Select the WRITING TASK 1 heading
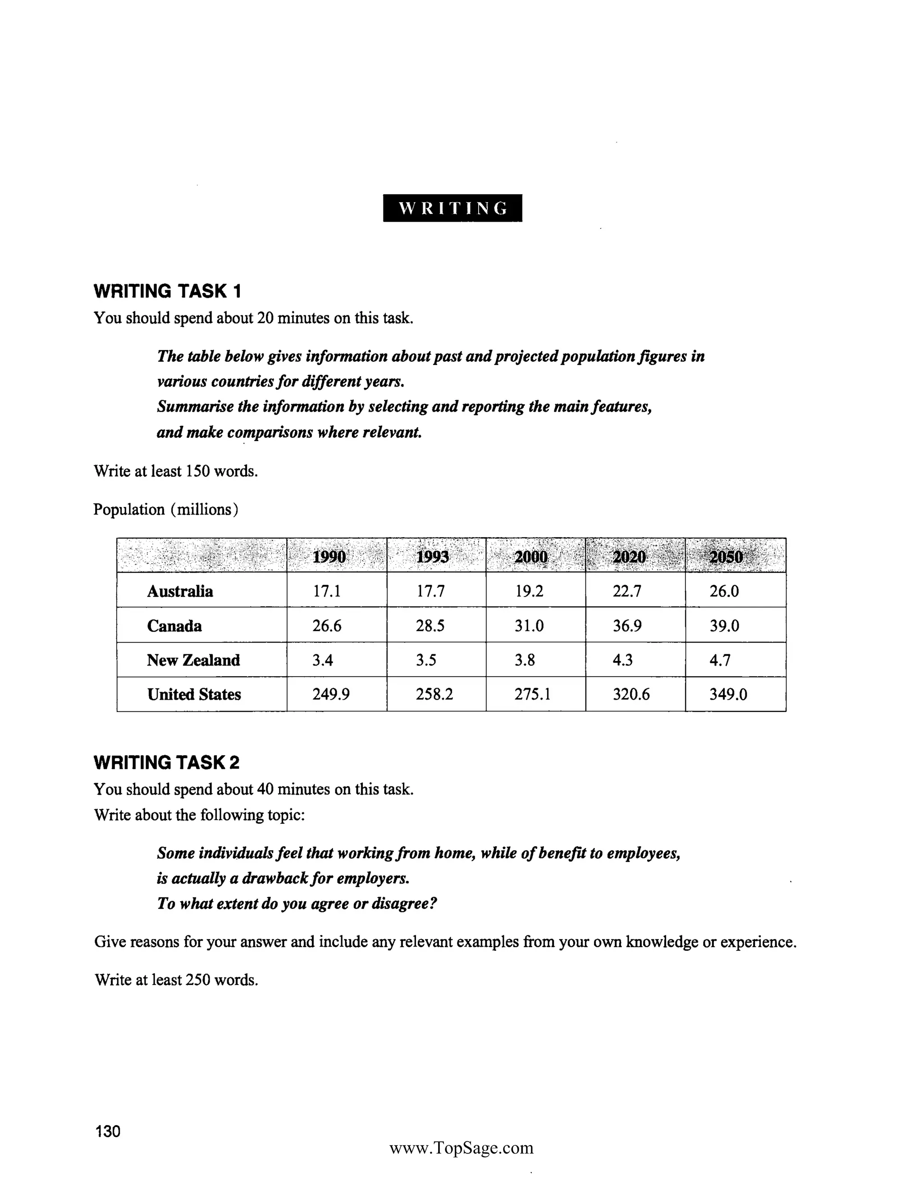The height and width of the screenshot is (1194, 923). (x=167, y=292)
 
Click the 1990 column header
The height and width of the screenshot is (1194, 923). (x=329, y=556)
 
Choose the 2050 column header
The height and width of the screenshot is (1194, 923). (x=726, y=556)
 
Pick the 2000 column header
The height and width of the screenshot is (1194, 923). (x=531, y=556)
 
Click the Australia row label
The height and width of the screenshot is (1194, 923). (x=180, y=591)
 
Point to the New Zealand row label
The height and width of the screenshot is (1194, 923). (x=193, y=660)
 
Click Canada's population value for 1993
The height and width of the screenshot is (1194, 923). (x=430, y=625)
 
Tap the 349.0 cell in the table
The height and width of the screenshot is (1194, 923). (x=728, y=694)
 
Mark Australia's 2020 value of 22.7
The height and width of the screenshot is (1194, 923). (x=626, y=591)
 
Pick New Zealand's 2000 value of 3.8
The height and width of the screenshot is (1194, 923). (x=525, y=660)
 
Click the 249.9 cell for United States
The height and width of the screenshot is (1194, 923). (x=331, y=694)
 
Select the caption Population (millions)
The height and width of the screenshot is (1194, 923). (x=166, y=510)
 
